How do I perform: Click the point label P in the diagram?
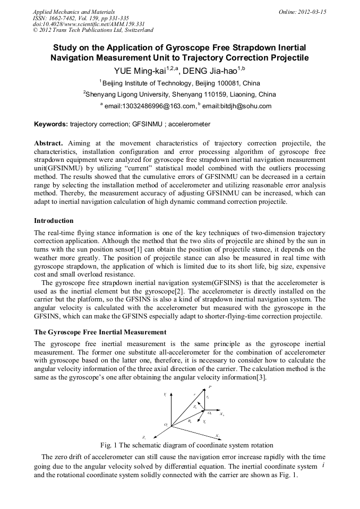coord(210,387)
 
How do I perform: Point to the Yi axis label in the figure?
coord(165,394)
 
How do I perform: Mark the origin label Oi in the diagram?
coord(166,425)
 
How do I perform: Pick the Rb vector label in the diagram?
coord(190,420)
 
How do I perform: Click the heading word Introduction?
coord(54,220)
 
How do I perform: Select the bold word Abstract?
coord(49,143)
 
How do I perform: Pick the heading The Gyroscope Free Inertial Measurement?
coord(100,332)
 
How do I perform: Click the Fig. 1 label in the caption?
coord(109,445)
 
